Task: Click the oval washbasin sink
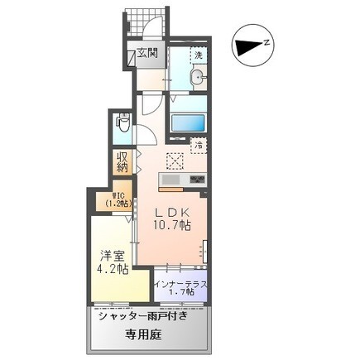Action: pyautogui.click(x=198, y=78)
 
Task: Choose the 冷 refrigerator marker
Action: pyautogui.click(x=199, y=146)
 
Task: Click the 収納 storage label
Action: pyautogui.click(x=122, y=162)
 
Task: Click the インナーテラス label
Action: pyautogui.click(x=181, y=283)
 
